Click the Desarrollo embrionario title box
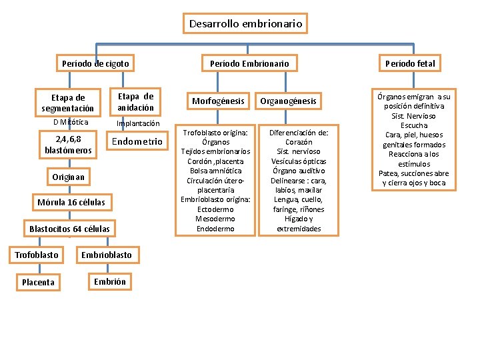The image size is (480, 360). tap(245, 24)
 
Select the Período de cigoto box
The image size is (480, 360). tap(95, 64)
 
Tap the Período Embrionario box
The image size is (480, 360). tap(249, 64)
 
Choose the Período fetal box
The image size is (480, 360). tap(410, 64)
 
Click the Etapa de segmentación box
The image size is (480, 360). tap(68, 103)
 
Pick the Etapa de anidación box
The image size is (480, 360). tap(136, 102)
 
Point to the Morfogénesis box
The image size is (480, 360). tap(218, 101)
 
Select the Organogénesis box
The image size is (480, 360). tap(288, 101)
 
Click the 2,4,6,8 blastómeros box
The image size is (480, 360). tap(68, 144)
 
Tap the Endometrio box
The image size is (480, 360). tap(137, 141)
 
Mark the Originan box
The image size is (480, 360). tap(68, 177)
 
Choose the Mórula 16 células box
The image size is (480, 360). tap(71, 202)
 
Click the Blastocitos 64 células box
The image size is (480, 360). tap(69, 229)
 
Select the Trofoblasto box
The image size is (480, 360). tap(37, 255)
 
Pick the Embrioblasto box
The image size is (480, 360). tap(107, 255)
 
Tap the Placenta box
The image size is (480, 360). tap(38, 282)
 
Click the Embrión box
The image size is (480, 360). tap(110, 281)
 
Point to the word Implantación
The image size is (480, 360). tap(138, 123)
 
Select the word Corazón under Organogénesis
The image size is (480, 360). tap(299, 142)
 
